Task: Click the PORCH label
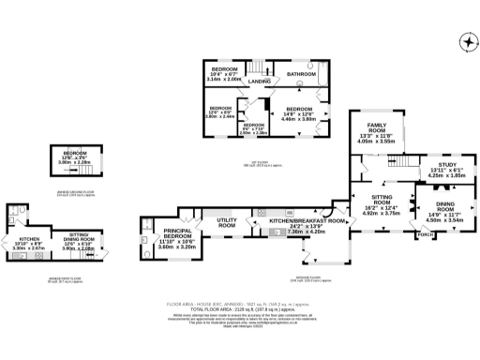(x=427, y=233)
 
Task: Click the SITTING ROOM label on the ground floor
(x=381, y=199)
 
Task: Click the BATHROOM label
(x=300, y=73)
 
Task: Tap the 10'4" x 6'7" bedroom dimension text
(x=223, y=78)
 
